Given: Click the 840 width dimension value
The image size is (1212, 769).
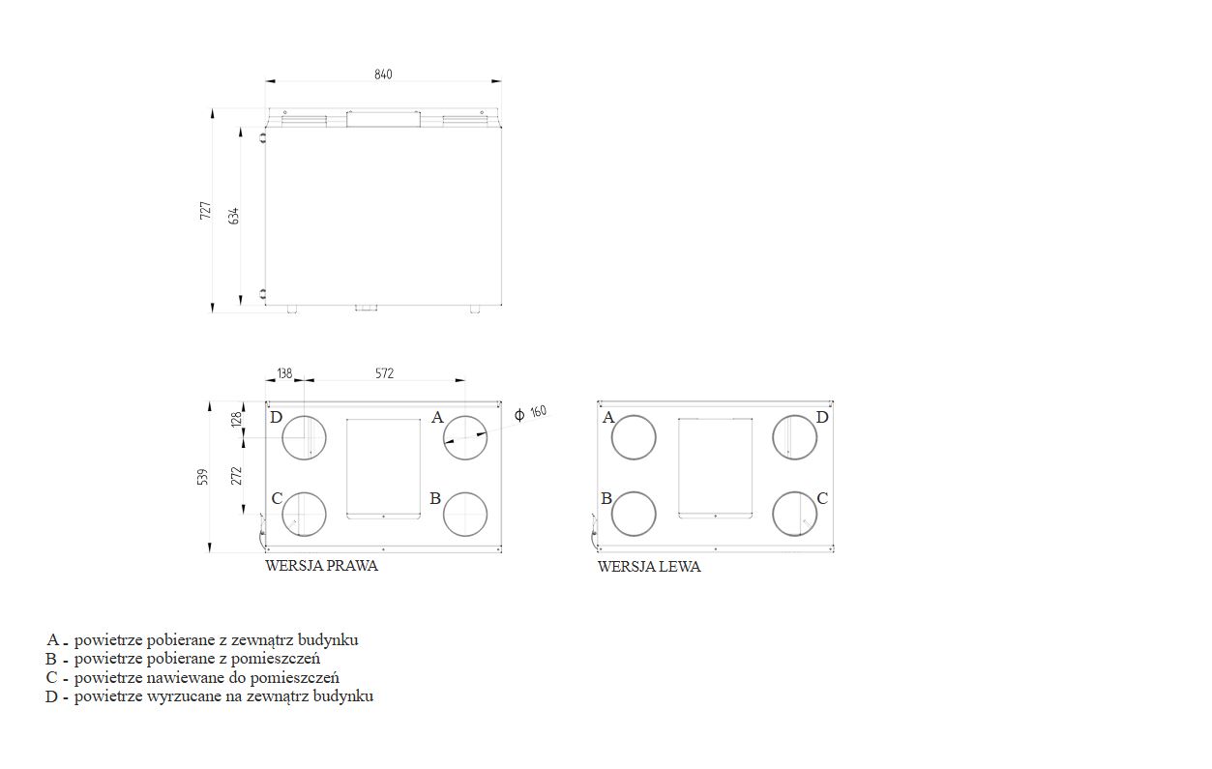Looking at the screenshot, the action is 383,74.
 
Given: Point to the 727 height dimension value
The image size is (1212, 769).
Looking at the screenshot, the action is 206,211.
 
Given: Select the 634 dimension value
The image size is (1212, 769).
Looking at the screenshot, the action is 234,216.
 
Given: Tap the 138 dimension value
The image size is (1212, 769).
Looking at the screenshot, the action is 284,373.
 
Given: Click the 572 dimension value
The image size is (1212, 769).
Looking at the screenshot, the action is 384,373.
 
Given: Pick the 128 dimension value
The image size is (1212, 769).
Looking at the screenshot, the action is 236,420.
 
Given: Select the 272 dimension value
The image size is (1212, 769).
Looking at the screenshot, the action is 236,476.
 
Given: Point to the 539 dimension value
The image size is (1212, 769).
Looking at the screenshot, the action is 202,477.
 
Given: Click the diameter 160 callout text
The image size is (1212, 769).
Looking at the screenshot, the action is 530,413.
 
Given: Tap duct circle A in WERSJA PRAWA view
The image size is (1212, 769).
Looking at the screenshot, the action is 465,416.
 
